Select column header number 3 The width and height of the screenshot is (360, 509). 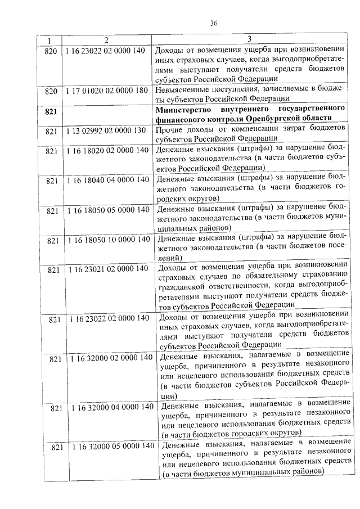tap(249, 39)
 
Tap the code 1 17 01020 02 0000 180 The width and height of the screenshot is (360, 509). tap(106, 90)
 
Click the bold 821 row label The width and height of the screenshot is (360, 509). tap(51, 111)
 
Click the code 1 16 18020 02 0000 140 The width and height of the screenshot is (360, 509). tap(106, 150)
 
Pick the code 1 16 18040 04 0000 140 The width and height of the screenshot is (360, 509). tap(107, 180)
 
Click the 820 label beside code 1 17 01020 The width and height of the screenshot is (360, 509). tap(51, 91)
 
